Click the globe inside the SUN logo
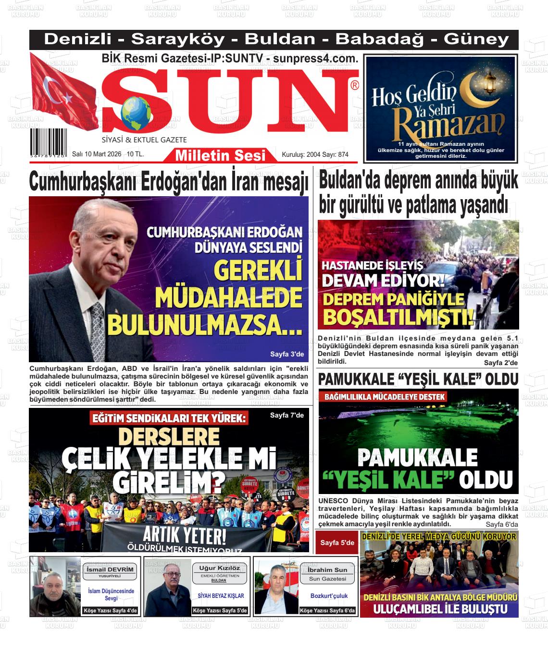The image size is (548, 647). pyautogui.click(x=136, y=113)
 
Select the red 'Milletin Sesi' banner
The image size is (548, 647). pyautogui.click(x=220, y=155)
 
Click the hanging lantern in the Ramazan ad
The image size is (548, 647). pyautogui.click(x=489, y=82)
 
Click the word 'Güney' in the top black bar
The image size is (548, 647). pyautogui.click(x=476, y=39)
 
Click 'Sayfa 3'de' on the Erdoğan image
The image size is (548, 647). pyautogui.click(x=287, y=355)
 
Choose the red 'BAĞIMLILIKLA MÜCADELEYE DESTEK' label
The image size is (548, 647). pyautogui.click(x=385, y=397)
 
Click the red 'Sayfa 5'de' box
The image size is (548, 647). pyautogui.click(x=337, y=543)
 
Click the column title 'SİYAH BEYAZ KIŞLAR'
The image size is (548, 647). pyautogui.click(x=221, y=596)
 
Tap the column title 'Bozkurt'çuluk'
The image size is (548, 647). pyautogui.click(x=329, y=596)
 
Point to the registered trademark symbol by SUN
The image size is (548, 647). pyautogui.click(x=355, y=86)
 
